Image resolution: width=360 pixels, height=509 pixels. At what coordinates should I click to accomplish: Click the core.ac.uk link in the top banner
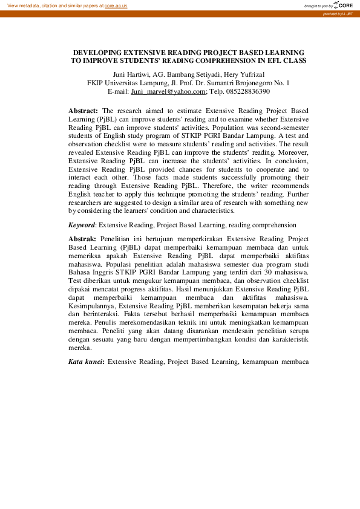(116, 5)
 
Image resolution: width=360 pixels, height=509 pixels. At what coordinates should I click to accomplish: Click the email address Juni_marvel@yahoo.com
(169, 91)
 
